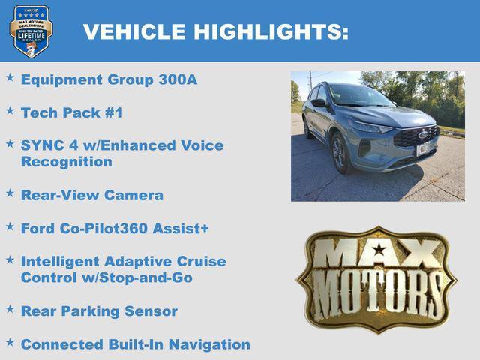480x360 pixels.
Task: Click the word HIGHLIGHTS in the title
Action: click(x=271, y=31)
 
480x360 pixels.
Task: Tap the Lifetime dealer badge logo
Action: click(x=31, y=31)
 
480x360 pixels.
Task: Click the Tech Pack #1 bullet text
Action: click(x=71, y=112)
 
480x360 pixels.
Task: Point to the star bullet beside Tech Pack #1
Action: click(x=10, y=110)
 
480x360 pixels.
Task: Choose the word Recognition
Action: click(x=67, y=162)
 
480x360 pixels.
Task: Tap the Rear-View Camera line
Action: click(x=91, y=195)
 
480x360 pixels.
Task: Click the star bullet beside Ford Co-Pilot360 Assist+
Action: click(x=10, y=226)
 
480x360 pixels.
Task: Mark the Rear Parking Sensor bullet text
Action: click(x=99, y=310)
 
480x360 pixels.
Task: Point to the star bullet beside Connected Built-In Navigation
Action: click(x=10, y=342)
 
